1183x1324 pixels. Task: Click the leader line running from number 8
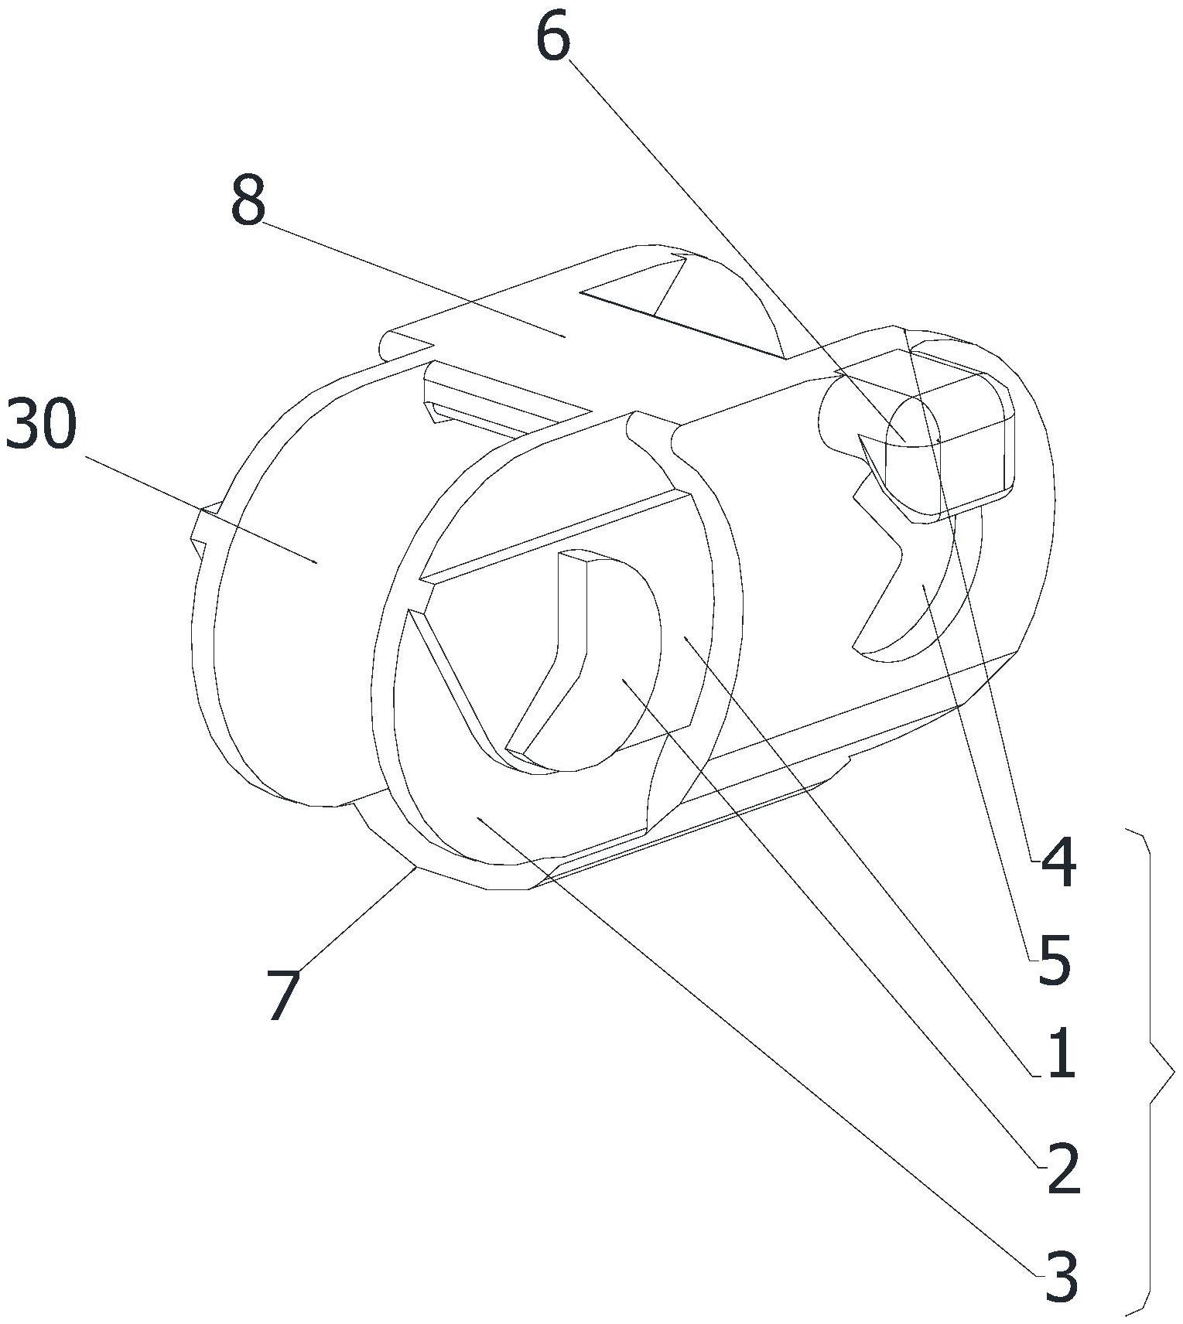tap(410, 278)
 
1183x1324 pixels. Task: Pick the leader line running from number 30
tap(201, 510)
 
